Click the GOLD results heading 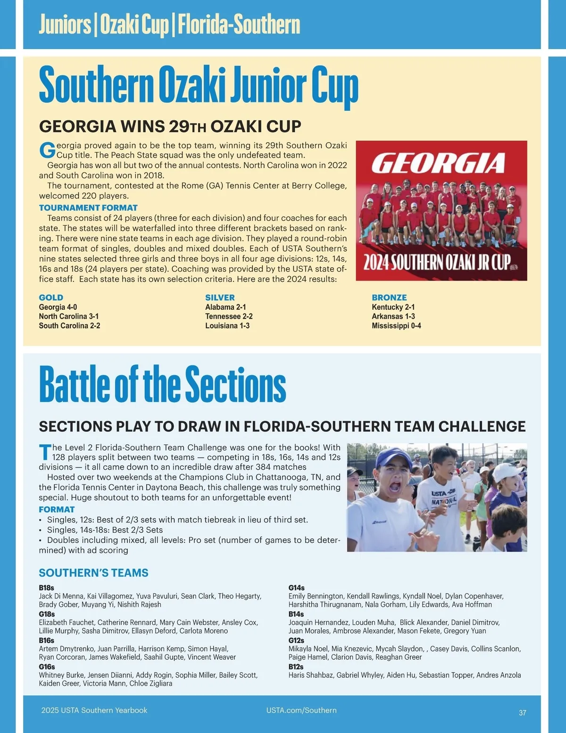coord(51,297)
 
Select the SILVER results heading coord(220,297)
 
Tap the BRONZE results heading coord(389,297)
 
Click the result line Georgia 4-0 coord(58,307)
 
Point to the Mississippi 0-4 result coord(396,326)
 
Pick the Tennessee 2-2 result coord(229,316)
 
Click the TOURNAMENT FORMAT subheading coord(88,208)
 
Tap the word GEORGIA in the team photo coord(438,163)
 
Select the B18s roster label coord(46,588)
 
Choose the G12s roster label coord(296,640)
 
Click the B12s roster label coord(296,667)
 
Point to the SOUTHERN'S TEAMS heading coord(93,573)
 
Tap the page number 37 coord(522,713)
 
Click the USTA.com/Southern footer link coord(301,710)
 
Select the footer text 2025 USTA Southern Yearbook coord(94,710)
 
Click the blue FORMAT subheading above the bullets coord(57,509)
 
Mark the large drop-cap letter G coord(47,151)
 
